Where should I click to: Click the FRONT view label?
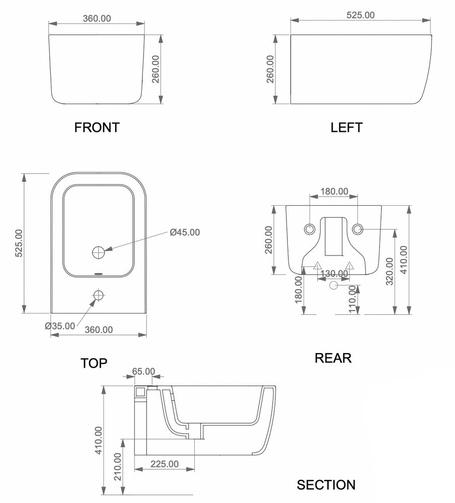point(97,127)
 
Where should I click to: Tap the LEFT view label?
point(346,127)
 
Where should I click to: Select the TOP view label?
point(94,363)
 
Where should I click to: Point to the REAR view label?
point(333,358)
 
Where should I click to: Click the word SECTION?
point(326,485)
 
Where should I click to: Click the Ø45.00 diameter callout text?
point(185,232)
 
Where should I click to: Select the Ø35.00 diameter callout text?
point(60,326)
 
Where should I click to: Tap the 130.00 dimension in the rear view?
point(333,274)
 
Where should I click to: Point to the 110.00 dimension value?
point(353,300)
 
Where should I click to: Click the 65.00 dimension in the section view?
point(143,371)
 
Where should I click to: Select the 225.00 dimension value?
point(164,464)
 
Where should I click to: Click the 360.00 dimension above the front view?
point(96,18)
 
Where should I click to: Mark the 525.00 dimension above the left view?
point(360,15)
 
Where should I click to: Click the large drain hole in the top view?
point(98,252)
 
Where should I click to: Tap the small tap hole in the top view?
point(98,295)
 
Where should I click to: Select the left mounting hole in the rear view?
point(309,229)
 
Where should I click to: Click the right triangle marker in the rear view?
point(350,265)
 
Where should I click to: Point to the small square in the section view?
point(140,391)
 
